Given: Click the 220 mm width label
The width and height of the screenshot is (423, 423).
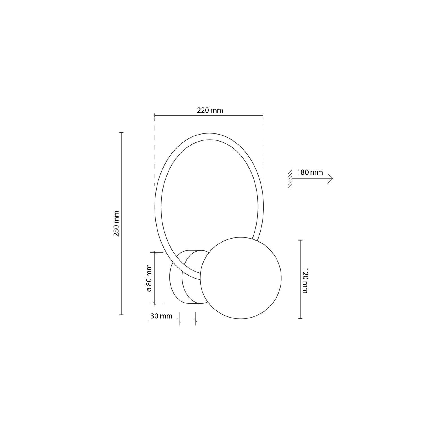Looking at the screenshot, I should coord(210,110).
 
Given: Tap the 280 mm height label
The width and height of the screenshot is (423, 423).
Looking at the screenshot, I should coord(117,224).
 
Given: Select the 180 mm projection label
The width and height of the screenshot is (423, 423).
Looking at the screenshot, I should coord(310,172).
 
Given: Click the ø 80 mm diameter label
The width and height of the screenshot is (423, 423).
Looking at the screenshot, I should coord(149,278).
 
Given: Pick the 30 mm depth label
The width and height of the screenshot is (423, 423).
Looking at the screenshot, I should coord(161,316).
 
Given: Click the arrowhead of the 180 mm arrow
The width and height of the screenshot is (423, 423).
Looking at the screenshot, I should coord(331,179).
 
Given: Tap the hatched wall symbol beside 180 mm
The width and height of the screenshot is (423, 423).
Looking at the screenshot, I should coord(290,179).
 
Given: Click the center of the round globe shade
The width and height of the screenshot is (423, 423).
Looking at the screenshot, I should coord(241,278).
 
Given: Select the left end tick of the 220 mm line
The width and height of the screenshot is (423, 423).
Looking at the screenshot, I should coord(155,115).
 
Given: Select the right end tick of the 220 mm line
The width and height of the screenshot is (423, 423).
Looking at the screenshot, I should coord(263,115).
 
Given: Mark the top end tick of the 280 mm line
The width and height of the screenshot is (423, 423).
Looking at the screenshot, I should coord(122,133).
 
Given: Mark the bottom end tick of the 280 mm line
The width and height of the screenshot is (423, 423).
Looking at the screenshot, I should coord(122,315).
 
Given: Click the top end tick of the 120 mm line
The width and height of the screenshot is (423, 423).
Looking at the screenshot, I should coord(300,240).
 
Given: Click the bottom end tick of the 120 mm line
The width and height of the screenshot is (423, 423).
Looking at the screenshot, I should coord(300,318).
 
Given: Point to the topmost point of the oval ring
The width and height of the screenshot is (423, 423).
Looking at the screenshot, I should coord(209,133).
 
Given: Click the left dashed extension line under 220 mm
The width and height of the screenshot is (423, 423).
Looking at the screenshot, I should coord(155,152).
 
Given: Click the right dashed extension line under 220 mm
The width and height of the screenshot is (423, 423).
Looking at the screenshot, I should coord(263,152).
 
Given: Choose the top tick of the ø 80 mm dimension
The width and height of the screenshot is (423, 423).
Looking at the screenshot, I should coord(154,252).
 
